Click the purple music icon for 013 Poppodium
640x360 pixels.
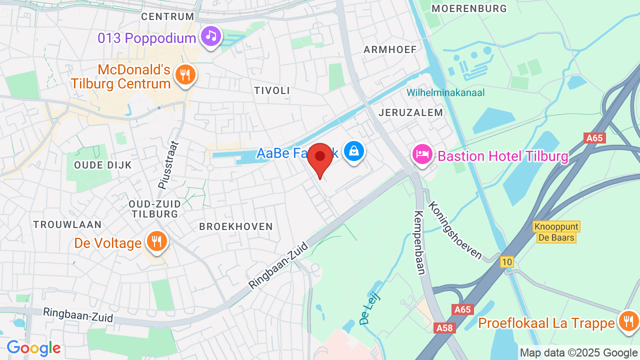point(211,36)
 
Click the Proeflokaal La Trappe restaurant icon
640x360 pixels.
point(628,321)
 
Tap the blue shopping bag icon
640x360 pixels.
point(354,150)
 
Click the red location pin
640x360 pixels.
point(320,158)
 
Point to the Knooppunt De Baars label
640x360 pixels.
point(556,232)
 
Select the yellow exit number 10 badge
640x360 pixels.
point(506,261)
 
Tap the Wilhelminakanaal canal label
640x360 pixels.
point(445,92)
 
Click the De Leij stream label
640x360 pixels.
point(370,308)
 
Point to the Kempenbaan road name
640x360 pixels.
point(419,242)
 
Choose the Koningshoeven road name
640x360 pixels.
point(455,230)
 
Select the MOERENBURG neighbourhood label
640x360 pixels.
point(469,8)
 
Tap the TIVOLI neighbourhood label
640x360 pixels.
point(272,90)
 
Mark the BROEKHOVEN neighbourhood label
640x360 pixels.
point(236,226)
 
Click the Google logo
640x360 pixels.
point(33,348)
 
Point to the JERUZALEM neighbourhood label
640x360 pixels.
point(411,112)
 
